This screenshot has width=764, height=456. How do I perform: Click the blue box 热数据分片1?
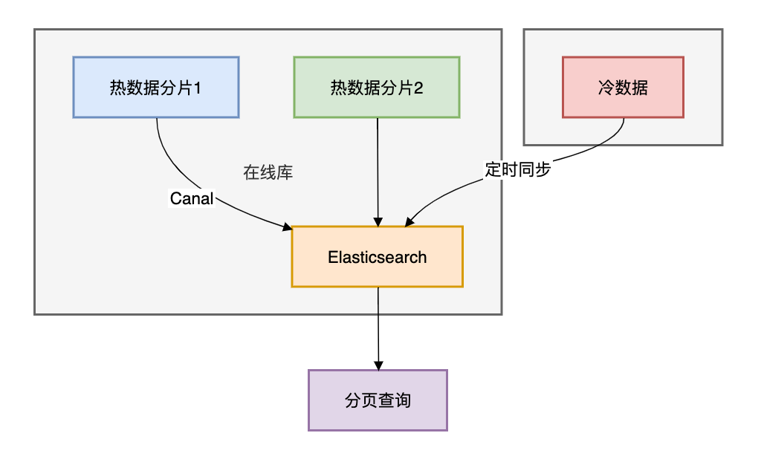(156, 88)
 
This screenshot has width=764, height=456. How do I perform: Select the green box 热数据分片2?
(377, 88)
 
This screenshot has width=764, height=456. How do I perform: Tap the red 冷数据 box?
(624, 88)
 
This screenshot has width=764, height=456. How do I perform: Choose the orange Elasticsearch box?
(377, 257)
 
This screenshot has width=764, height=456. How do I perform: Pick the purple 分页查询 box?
(378, 400)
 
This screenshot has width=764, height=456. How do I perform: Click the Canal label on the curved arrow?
(192, 198)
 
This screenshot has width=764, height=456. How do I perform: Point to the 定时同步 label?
(517, 169)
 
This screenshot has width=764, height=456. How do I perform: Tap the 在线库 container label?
(268, 173)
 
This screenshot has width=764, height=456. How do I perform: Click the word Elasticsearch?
(377, 257)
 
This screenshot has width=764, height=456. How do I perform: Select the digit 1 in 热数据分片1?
(197, 88)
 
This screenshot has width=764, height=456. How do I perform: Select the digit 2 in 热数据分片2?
(418, 88)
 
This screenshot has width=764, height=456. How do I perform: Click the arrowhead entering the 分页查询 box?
(378, 365)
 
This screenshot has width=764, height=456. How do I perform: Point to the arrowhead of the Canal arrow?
(288, 227)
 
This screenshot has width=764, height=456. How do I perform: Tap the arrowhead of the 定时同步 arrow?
(409, 222)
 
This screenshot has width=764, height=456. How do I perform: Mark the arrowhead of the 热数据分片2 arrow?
(378, 222)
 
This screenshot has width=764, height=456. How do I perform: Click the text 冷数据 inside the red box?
(624, 88)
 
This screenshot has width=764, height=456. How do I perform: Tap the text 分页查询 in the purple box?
(378, 400)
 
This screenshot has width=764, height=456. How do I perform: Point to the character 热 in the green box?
(339, 88)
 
